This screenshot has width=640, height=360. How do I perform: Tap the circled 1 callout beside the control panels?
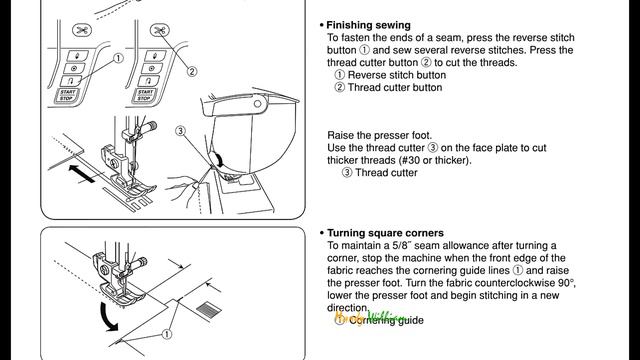pyautogui.click(x=118, y=58)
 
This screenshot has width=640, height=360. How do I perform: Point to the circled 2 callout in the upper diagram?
pyautogui.click(x=192, y=72)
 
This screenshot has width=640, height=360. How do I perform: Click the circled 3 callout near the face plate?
pyautogui.click(x=180, y=131)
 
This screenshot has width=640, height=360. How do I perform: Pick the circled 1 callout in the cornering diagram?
pyautogui.click(x=167, y=334)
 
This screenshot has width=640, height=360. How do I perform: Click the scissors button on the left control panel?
pyautogui.click(x=82, y=30)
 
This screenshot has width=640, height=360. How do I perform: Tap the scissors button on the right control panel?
pyautogui.click(x=160, y=30)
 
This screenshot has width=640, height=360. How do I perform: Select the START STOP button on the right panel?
pyautogui.click(x=144, y=95)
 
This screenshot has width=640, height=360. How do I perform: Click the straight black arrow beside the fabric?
pyautogui.click(x=82, y=173)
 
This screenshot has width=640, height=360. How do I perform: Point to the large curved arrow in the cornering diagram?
pyautogui.click(x=107, y=316)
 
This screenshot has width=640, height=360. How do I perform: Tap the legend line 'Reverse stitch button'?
pyautogui.click(x=397, y=75)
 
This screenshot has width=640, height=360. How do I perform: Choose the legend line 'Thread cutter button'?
pyautogui.click(x=395, y=87)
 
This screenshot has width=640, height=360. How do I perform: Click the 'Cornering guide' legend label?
pyautogui.click(x=386, y=320)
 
